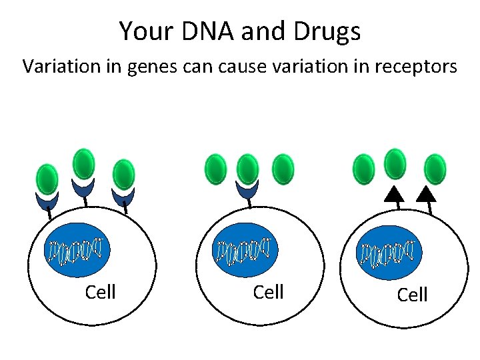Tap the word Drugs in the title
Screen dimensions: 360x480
[x=329, y=31]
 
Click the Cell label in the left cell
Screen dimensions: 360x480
[x=101, y=292]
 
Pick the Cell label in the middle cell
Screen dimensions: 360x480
[x=269, y=292]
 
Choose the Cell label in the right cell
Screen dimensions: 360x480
[x=412, y=295]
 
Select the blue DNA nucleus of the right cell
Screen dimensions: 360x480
[x=390, y=252]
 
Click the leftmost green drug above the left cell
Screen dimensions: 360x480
[x=47, y=179]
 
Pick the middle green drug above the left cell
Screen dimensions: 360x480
[x=83, y=163]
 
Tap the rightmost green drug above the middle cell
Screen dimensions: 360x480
[x=283, y=169]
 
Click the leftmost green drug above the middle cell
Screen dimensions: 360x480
[x=215, y=169]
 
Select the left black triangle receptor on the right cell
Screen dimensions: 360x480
[x=395, y=194]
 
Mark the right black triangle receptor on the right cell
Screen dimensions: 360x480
[x=426, y=194]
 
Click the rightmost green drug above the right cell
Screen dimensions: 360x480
[x=435, y=169]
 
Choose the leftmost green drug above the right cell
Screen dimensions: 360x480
[x=363, y=169]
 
